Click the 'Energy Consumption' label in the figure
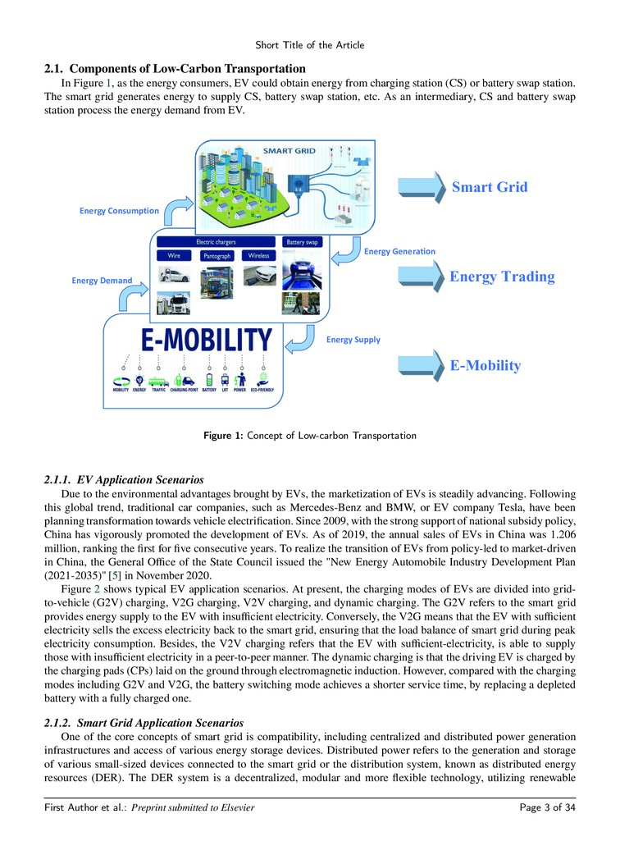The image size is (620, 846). (119, 211)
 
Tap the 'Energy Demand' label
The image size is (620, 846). (102, 281)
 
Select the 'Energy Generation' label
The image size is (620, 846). (399, 251)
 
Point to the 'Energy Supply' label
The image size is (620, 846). (353, 339)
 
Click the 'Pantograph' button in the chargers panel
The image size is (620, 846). (217, 256)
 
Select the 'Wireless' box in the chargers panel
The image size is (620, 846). (259, 256)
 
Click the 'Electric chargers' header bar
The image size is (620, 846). (217, 243)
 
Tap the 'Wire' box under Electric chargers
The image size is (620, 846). (175, 256)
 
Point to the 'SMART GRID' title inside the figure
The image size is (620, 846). (289, 151)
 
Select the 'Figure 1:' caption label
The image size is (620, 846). (222, 436)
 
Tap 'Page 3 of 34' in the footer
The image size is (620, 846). (547, 808)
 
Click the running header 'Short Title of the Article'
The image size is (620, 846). (309, 44)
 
